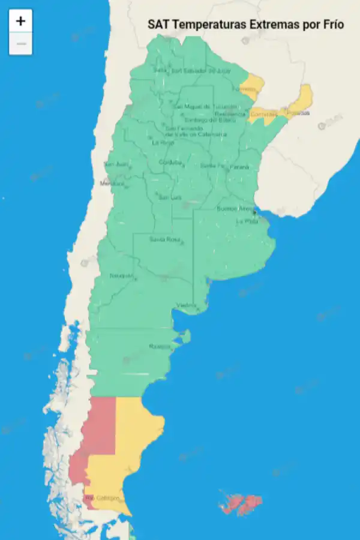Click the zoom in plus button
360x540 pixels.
pos(20,21)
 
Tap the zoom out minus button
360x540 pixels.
pos(20,44)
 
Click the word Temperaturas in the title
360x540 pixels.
pos(208,25)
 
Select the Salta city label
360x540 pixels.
pos(160,70)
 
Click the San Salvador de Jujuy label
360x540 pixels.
pos(200,71)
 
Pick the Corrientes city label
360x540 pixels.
pos(263,114)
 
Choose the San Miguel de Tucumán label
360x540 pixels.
pos(196,107)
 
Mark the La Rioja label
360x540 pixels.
pos(163,143)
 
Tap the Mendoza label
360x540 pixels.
pos(112,183)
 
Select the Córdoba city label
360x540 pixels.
pos(170,163)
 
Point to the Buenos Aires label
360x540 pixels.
pos(235,209)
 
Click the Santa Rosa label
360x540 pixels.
pos(164,239)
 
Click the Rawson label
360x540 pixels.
pos(160,346)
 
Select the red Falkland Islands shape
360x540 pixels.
pos(240,503)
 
